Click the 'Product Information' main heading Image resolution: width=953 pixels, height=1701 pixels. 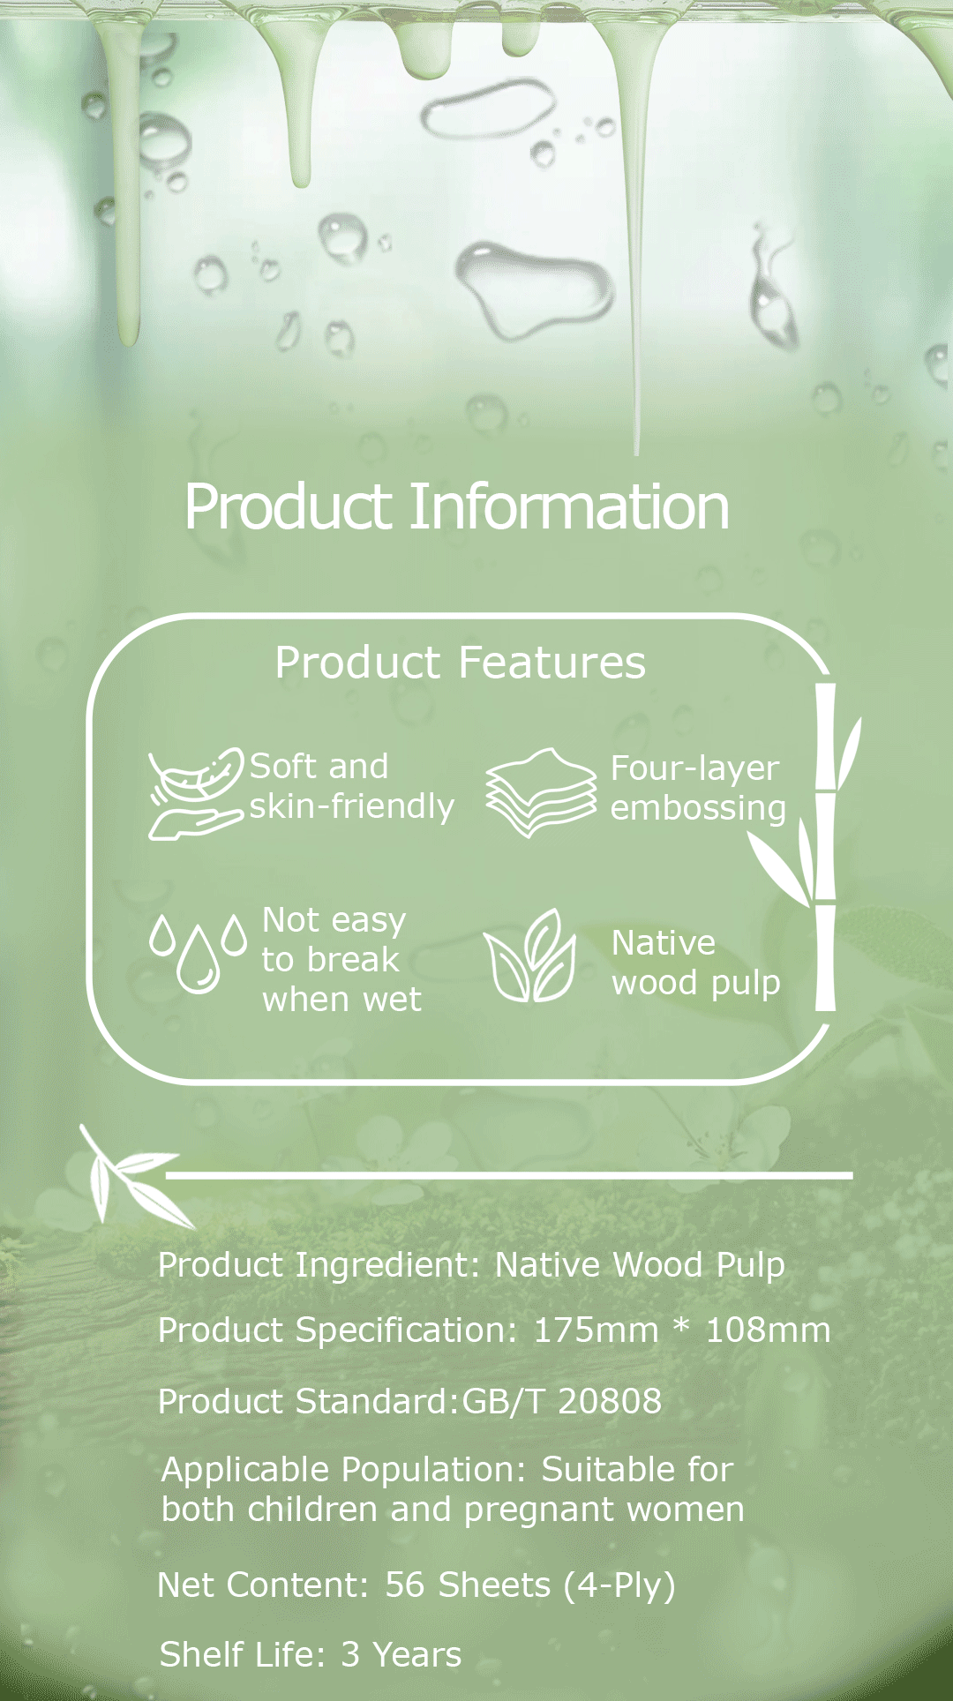pos(457,507)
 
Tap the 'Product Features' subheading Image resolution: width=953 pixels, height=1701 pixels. pos(460,663)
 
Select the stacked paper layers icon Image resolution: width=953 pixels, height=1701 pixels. pos(541,792)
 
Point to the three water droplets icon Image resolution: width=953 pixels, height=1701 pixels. pos(198,953)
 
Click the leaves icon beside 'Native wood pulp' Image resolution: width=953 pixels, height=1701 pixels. pos(529,955)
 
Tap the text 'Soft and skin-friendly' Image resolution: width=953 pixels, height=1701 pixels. pos(352,787)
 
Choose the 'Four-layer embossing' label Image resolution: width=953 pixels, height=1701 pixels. pos(698,789)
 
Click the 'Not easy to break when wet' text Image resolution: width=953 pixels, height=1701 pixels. pos(341,960)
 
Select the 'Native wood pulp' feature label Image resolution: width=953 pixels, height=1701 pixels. pos(696,963)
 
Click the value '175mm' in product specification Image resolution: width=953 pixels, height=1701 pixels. pos(596,1330)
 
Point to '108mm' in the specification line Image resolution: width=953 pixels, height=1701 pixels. pos(768,1330)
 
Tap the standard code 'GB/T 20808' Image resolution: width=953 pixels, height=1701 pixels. pos(561,1401)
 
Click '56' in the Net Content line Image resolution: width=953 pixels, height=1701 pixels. pos(405,1585)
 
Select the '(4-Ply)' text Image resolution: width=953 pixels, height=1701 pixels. pos(619,1586)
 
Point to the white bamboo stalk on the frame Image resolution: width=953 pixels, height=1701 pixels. pos(825,847)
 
